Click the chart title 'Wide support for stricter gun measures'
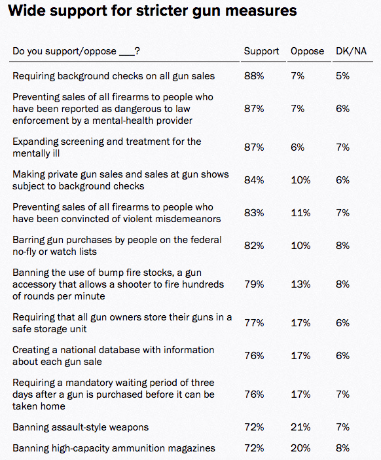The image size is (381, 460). pyautogui.click(x=152, y=11)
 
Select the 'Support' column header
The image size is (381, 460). pyautogui.click(x=261, y=51)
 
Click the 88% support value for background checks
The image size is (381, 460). pyautogui.click(x=254, y=76)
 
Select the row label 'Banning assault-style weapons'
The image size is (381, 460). pyautogui.click(x=81, y=427)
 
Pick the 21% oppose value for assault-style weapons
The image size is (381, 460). pyautogui.click(x=300, y=427)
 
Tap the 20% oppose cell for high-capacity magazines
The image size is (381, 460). pyautogui.click(x=300, y=448)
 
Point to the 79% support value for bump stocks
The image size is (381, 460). pyautogui.click(x=254, y=284)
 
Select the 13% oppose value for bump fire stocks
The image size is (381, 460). pyautogui.click(x=300, y=284)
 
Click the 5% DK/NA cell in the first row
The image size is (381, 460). pyautogui.click(x=343, y=76)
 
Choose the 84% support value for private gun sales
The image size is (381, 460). pyautogui.click(x=254, y=180)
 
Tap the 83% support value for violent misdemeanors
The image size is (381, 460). pyautogui.click(x=254, y=213)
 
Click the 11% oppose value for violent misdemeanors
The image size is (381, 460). pyautogui.click(x=300, y=213)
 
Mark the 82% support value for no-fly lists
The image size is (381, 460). pyautogui.click(x=254, y=246)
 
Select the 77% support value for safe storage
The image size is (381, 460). pyautogui.click(x=254, y=323)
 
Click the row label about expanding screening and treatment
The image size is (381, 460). pyautogui.click(x=107, y=147)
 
